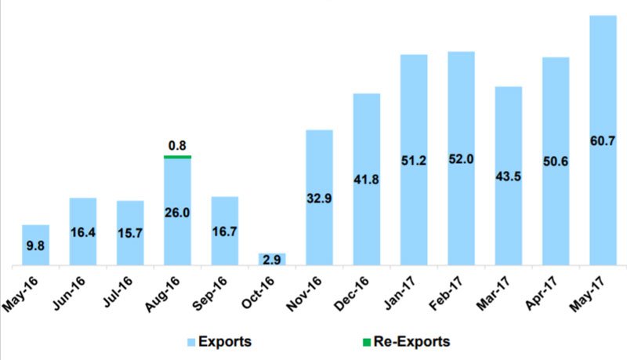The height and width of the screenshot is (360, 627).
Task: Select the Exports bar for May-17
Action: [602, 94]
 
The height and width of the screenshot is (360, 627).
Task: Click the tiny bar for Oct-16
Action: [272, 259]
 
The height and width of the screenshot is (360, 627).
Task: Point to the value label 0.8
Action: [177, 144]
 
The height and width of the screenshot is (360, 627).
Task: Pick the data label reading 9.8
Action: [35, 245]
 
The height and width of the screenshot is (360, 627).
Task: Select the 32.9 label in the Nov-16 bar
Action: [319, 197]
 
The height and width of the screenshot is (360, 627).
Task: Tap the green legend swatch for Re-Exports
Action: [367, 341]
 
